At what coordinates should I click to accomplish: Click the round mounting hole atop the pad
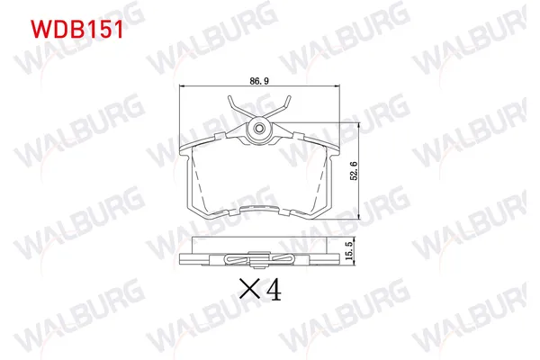259,127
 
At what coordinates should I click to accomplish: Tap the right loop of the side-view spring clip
286,263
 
